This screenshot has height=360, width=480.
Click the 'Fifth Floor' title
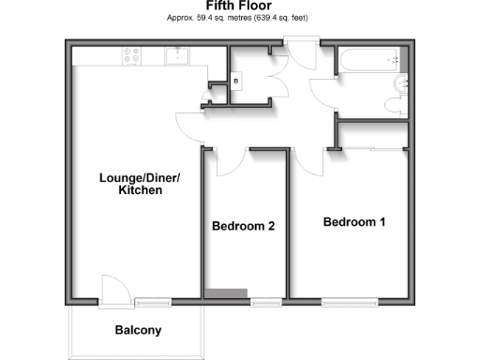click(x=239, y=7)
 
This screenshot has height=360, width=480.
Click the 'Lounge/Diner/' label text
click(x=141, y=178)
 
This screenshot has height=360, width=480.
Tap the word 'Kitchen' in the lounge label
click(x=141, y=191)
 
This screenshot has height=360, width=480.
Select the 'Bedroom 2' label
click(x=243, y=226)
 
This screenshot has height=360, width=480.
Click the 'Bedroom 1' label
click(x=354, y=222)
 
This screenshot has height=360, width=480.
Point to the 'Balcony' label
click(x=138, y=330)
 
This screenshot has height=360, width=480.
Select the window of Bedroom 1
click(x=351, y=301)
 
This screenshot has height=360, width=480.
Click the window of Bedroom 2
click(x=265, y=301)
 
